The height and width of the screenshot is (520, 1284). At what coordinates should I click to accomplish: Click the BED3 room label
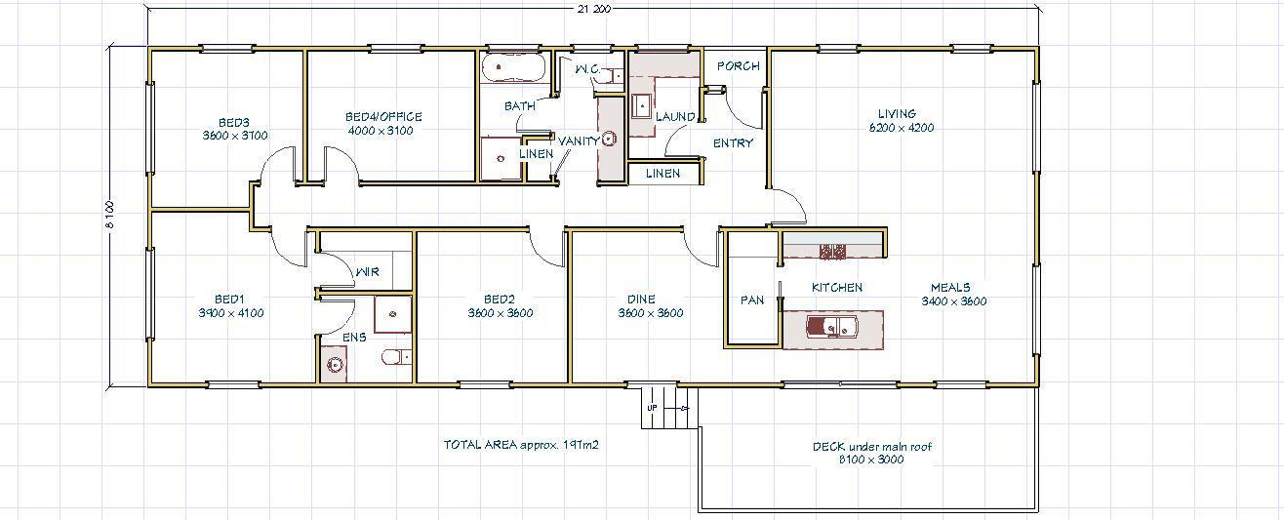pos(234,123)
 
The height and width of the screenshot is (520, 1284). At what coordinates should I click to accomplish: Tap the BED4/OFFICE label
pos(383,117)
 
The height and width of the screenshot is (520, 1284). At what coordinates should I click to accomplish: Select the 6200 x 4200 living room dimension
pos(902,128)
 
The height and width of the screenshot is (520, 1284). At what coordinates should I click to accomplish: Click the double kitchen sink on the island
pos(831,327)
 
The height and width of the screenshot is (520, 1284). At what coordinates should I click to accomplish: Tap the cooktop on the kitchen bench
pos(832,251)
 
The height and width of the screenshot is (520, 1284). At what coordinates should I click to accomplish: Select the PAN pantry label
pos(752,300)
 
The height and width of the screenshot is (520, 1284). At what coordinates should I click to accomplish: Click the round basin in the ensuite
pos(334,365)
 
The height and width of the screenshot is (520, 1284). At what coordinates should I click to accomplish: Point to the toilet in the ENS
pos(397,358)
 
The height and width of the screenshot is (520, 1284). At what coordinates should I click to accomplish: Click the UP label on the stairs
pos(653,408)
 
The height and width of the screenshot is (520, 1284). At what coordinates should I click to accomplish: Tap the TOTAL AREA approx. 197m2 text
pos(521,445)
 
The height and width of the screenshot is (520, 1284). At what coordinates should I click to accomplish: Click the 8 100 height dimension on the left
pos(109,214)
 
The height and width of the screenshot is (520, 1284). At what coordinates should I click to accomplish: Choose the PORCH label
pos(739,66)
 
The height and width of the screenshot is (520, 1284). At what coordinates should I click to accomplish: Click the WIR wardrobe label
pos(368,272)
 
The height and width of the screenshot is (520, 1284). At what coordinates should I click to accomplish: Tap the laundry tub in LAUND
pos(641,106)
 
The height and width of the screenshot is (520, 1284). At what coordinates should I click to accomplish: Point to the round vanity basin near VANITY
pos(610,139)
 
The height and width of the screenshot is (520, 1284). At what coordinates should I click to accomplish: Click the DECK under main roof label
pos(872,447)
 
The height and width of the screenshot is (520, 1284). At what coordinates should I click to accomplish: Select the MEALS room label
pos(950,288)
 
